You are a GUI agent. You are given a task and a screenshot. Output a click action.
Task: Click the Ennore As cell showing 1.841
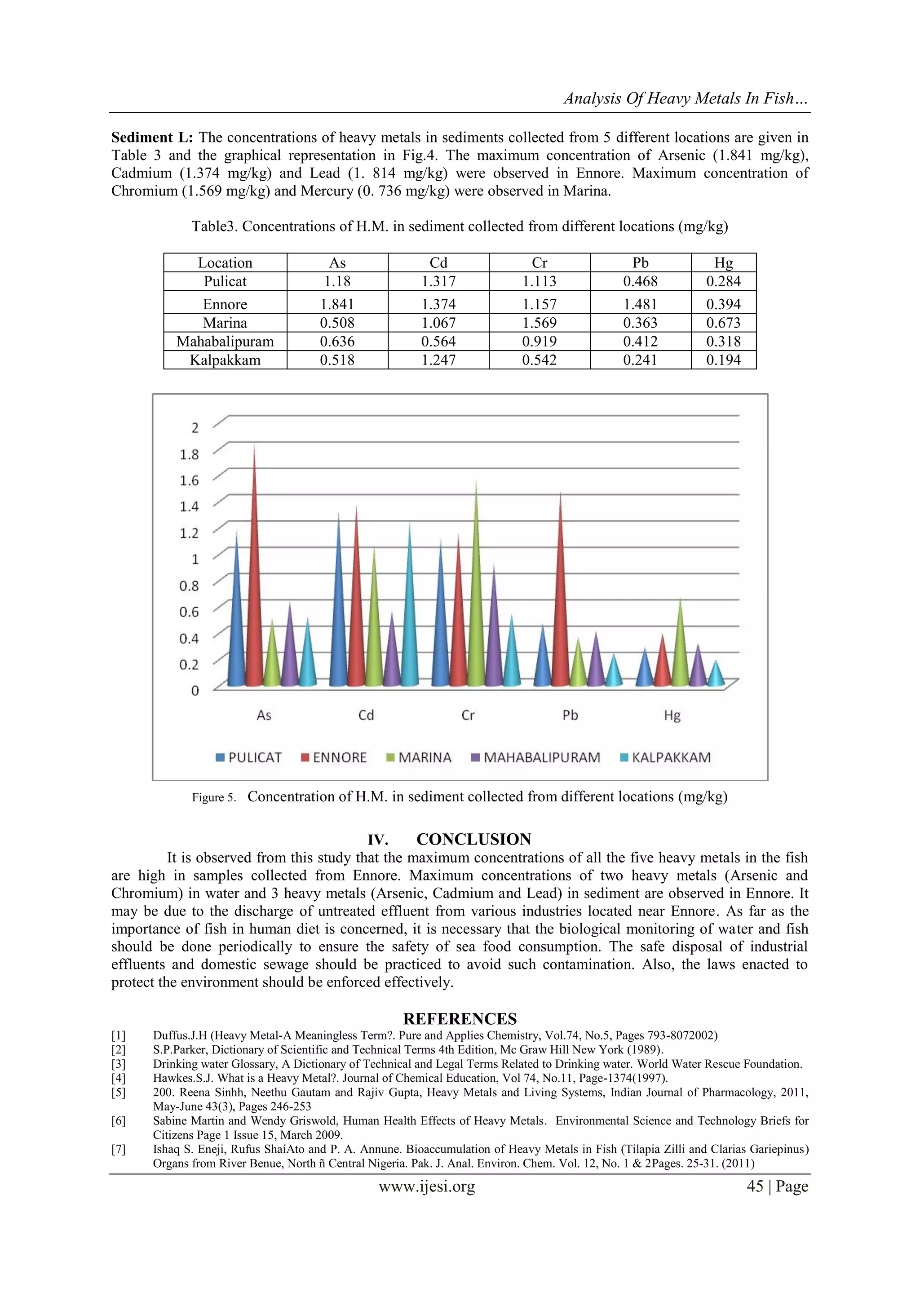click(x=337, y=305)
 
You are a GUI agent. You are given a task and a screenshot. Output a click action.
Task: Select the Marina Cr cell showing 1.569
click(x=539, y=323)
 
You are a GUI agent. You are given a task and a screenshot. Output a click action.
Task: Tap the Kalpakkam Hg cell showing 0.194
click(x=723, y=360)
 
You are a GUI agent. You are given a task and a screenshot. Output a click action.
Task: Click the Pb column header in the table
click(x=640, y=263)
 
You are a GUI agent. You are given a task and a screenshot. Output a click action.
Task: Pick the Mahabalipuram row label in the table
click(x=225, y=342)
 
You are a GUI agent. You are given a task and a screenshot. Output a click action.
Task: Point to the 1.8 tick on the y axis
click(x=189, y=455)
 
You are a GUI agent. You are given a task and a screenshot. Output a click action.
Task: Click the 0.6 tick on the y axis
click(x=189, y=612)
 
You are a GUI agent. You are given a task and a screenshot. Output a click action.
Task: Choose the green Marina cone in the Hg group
click(x=680, y=652)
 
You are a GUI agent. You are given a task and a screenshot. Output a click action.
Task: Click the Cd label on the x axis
click(x=366, y=715)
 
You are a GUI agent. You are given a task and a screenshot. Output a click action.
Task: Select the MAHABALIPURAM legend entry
click(x=535, y=758)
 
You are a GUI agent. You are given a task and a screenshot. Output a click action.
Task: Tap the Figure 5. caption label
click(x=214, y=798)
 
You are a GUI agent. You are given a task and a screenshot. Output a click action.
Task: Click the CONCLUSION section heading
click(x=473, y=839)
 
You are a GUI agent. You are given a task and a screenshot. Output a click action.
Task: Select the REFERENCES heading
click(x=460, y=1019)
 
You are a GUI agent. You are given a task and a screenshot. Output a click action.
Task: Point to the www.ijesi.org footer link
click(x=426, y=1186)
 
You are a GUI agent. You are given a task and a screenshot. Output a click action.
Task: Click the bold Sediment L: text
click(x=152, y=138)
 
